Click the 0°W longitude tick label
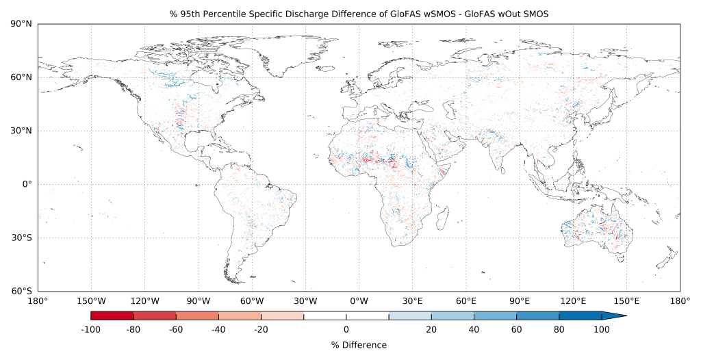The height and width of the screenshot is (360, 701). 359,300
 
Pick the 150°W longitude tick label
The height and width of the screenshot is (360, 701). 91,300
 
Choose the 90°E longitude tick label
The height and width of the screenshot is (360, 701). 520,300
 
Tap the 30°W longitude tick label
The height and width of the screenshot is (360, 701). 305,300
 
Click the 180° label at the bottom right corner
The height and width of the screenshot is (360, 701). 680,300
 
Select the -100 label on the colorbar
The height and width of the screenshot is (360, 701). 91,329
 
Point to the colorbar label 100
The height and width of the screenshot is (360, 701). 602,329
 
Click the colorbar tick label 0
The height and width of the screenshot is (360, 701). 346,329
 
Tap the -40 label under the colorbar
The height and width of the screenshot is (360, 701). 218,329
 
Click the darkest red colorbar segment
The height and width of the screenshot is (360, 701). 112,316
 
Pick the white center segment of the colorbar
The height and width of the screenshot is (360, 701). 346,316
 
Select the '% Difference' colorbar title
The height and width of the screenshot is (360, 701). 359,346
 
